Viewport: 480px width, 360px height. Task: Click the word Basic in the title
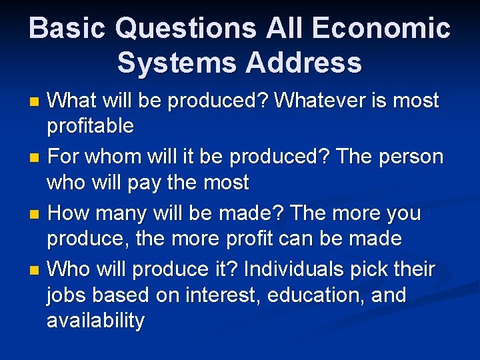tap(67, 29)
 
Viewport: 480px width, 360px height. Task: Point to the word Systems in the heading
tap(175, 63)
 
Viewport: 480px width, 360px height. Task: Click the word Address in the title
tap(305, 63)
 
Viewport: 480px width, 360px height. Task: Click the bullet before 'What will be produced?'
tap(35, 102)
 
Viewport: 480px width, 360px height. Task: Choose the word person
tap(410, 157)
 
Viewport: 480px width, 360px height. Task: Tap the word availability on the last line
tap(95, 321)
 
